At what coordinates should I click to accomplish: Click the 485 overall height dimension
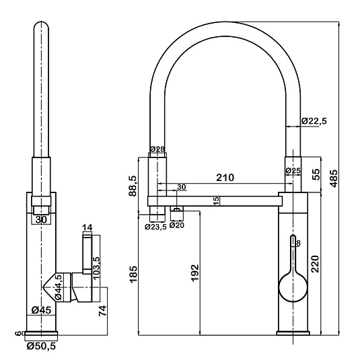pyautogui.click(x=334, y=178)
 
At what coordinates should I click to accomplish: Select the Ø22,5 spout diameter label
pyautogui.click(x=314, y=120)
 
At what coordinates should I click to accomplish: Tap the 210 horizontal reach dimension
pyautogui.click(x=225, y=178)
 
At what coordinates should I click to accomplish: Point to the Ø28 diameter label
pyautogui.click(x=157, y=149)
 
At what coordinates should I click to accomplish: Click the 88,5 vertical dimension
pyautogui.click(x=133, y=186)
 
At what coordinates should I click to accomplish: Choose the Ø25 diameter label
pyautogui.click(x=293, y=171)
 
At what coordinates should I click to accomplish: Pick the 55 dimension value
pyautogui.click(x=316, y=174)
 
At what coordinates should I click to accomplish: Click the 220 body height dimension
pyautogui.click(x=315, y=264)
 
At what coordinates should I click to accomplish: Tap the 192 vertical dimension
pyautogui.click(x=194, y=273)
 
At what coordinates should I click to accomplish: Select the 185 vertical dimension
pyautogui.click(x=133, y=275)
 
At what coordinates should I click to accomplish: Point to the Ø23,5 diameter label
pyautogui.click(x=155, y=227)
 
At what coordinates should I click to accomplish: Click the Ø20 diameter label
pyautogui.click(x=177, y=225)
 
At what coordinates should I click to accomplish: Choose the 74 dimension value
pyautogui.click(x=103, y=311)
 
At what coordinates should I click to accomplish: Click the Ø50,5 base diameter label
pyautogui.click(x=41, y=346)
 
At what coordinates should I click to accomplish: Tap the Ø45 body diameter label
pyautogui.click(x=42, y=310)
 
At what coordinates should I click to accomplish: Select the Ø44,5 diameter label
pyautogui.click(x=59, y=287)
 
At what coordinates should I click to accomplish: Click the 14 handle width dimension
pyautogui.click(x=87, y=227)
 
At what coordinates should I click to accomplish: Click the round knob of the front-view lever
pyautogui.click(x=293, y=287)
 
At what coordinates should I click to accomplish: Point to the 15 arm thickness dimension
pyautogui.click(x=216, y=201)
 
